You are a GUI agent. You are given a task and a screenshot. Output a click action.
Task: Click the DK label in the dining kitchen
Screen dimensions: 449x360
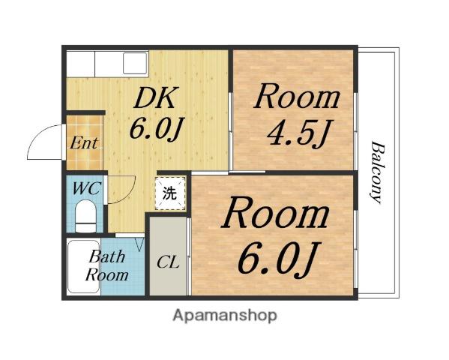155,97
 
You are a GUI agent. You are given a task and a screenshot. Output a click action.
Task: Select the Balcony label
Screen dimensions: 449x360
377,172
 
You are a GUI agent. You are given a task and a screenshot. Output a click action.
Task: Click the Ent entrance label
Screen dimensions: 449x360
84,143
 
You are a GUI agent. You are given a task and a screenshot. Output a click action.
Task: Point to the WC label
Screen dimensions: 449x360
86,188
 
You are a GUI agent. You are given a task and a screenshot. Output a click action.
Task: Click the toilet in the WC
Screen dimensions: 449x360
85,216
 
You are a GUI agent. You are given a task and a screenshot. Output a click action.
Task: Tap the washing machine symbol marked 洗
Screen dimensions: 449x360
170,193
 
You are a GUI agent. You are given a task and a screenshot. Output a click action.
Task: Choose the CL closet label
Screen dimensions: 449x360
168,262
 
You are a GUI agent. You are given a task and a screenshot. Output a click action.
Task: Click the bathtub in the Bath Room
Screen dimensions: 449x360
83,266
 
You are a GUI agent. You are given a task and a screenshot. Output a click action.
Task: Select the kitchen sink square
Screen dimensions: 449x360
135,63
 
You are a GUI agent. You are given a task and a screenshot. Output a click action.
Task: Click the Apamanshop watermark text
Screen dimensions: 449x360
225,316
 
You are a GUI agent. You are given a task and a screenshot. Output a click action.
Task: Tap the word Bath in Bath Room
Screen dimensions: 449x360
107,256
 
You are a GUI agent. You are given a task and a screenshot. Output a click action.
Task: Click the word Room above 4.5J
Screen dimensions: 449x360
297,96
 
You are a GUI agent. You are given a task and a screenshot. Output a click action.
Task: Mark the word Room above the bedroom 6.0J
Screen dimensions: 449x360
275,213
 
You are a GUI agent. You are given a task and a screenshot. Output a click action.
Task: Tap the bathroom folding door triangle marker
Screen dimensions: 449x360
139,244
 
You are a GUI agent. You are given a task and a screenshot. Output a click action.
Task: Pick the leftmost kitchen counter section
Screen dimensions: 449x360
80,64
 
